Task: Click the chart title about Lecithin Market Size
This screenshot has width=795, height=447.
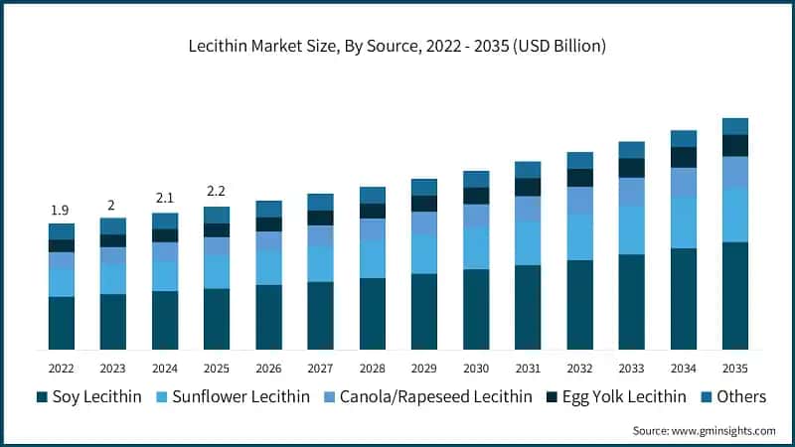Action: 397,46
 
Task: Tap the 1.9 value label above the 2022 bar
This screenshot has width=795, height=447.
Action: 61,211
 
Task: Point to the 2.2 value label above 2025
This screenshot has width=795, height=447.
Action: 216,192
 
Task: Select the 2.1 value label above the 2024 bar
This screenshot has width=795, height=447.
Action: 164,198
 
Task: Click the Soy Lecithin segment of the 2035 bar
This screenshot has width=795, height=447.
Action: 734,295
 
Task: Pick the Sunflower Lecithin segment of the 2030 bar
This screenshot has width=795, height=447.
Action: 476,247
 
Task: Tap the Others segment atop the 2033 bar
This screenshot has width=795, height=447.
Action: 631,150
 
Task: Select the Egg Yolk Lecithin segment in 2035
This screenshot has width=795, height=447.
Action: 734,145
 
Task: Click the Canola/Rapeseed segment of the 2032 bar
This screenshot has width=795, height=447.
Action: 579,200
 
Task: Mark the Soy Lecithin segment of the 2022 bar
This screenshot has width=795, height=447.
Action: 61,323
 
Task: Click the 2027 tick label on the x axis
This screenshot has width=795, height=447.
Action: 320,368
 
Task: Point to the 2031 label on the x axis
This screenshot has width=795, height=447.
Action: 527,368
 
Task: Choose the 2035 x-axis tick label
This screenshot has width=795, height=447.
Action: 734,368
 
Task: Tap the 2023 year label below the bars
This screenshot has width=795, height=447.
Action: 112,368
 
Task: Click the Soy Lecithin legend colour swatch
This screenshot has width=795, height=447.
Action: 42,397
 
